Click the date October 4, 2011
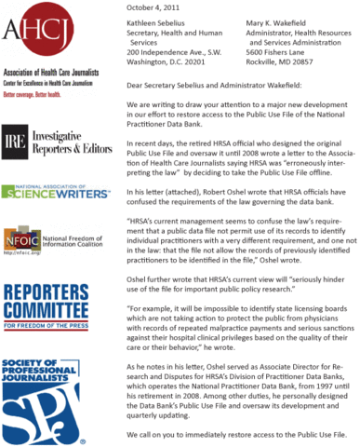coord(153,7)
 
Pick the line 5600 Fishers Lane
coord(283,52)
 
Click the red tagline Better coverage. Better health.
coord(37,95)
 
